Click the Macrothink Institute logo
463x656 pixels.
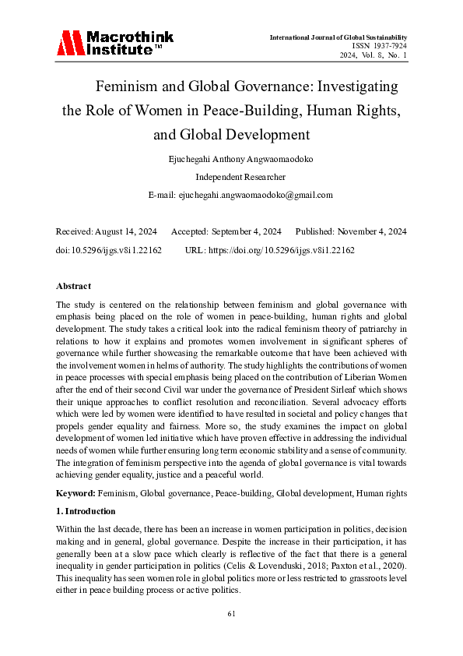(x=115, y=43)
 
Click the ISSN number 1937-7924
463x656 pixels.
(x=386, y=46)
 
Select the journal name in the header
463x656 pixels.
(x=338, y=37)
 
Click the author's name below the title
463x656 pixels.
(x=230, y=160)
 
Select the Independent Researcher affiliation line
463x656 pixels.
(x=231, y=177)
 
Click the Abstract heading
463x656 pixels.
(x=75, y=286)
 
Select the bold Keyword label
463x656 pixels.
(x=76, y=494)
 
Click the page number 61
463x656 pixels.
(x=231, y=615)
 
